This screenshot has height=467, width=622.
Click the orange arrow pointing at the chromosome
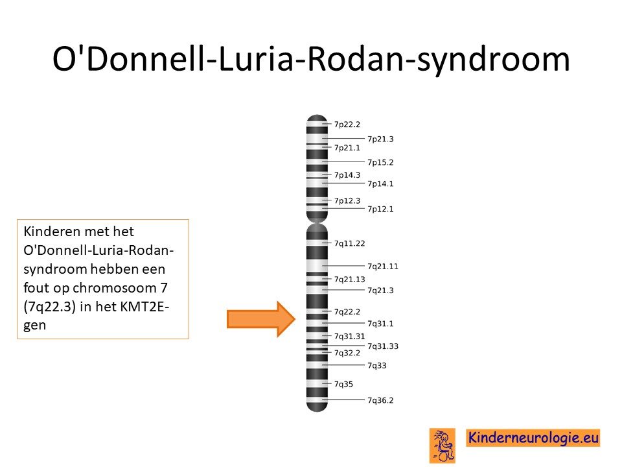[x=261, y=319]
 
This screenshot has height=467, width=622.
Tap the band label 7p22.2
[x=347, y=125]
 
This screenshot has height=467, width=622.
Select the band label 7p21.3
[x=380, y=139]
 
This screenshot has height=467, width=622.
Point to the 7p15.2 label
[x=380, y=162]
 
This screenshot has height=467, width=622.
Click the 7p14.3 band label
[x=347, y=175]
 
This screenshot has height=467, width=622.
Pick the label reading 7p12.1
[x=380, y=210]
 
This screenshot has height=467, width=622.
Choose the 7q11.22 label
[x=349, y=243]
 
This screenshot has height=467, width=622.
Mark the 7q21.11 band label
[x=383, y=267]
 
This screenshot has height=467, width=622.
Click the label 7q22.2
[x=347, y=312]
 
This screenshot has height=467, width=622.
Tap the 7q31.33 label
[x=383, y=346]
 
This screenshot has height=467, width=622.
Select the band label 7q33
[x=377, y=366]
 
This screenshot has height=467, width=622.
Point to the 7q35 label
[x=343, y=385]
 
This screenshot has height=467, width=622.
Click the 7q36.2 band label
[x=380, y=401]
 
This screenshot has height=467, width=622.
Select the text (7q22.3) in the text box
[x=50, y=307]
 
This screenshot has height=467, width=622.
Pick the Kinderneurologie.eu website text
[x=533, y=438]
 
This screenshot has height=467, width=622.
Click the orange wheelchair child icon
[x=442, y=445]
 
